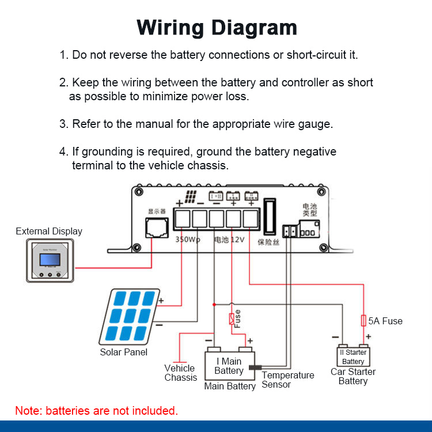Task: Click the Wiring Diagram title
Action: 217,27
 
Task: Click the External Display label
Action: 49,232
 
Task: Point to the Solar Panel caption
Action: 124,352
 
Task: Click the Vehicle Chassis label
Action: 180,373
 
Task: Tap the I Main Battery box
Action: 229,366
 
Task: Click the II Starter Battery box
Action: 353,357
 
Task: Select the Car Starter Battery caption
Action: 353,376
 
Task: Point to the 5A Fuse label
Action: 386,321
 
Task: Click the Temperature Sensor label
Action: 288,380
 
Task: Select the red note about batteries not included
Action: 96,411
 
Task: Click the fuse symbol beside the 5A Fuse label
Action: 363,320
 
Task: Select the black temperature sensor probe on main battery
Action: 254,367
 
